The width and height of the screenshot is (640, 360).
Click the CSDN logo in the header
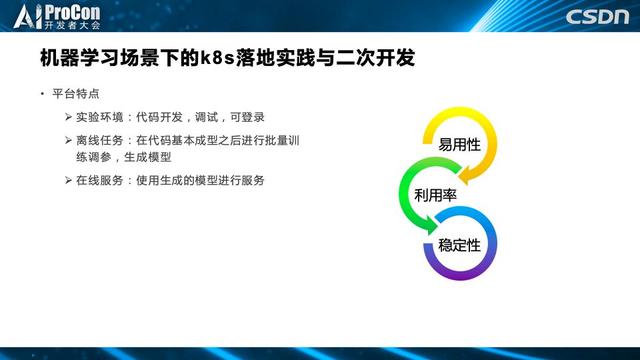click(596, 17)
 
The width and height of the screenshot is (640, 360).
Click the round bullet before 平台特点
click(42, 94)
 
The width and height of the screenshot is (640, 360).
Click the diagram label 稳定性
click(459, 244)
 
